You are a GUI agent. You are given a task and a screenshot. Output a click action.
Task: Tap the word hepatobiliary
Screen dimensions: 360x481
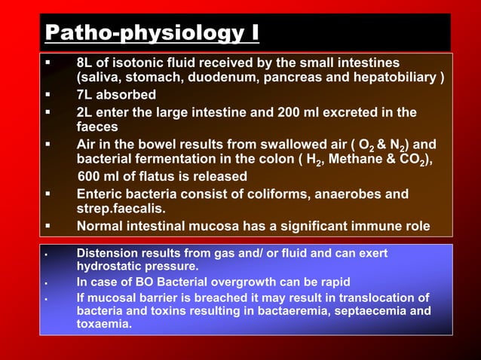coord(401,77)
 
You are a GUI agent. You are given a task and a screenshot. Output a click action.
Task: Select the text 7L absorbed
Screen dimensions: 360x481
coord(116,95)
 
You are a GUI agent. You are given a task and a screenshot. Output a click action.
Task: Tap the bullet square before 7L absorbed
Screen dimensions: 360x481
coord(48,95)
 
